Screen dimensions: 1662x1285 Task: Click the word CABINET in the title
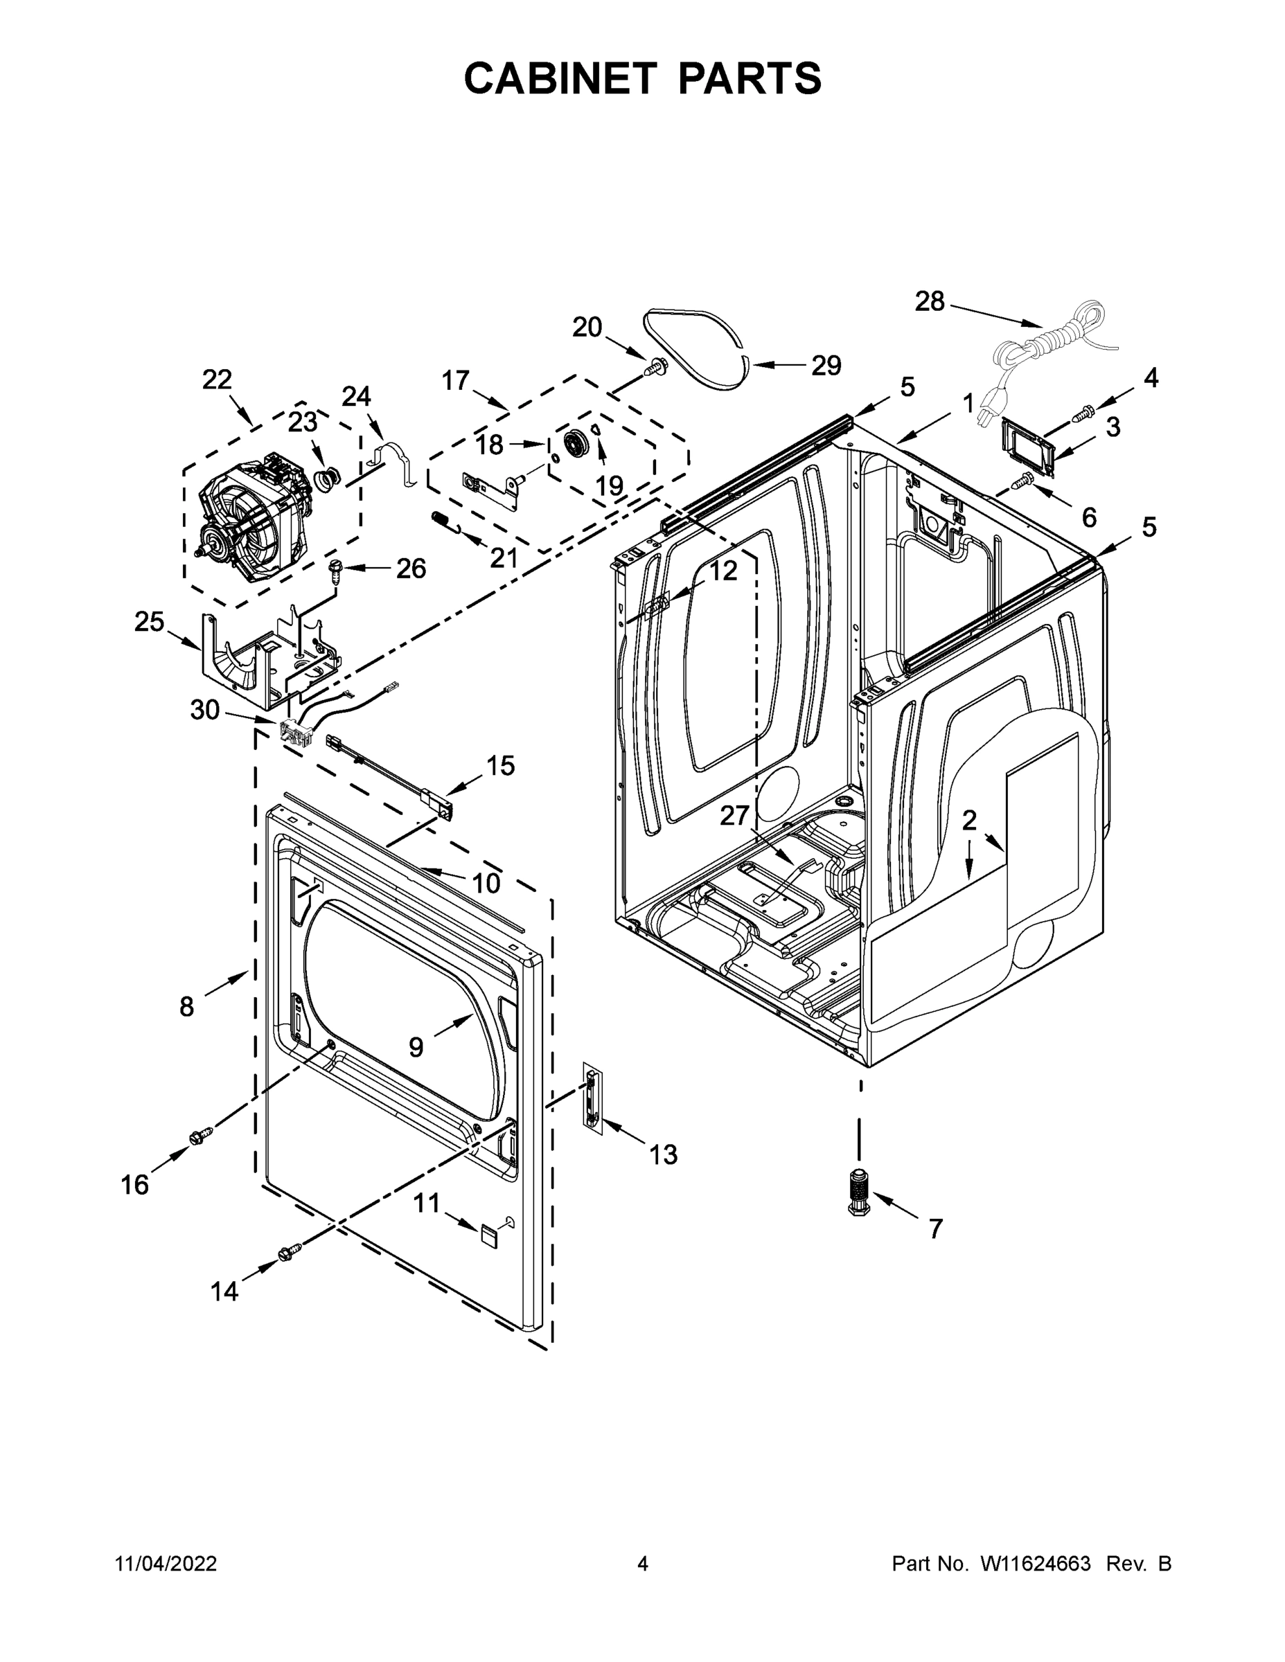pyautogui.click(x=560, y=78)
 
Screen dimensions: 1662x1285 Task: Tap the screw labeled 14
pyautogui.click(x=291, y=1250)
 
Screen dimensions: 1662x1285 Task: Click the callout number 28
pyautogui.click(x=929, y=302)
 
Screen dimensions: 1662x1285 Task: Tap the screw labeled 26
pyautogui.click(x=335, y=569)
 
